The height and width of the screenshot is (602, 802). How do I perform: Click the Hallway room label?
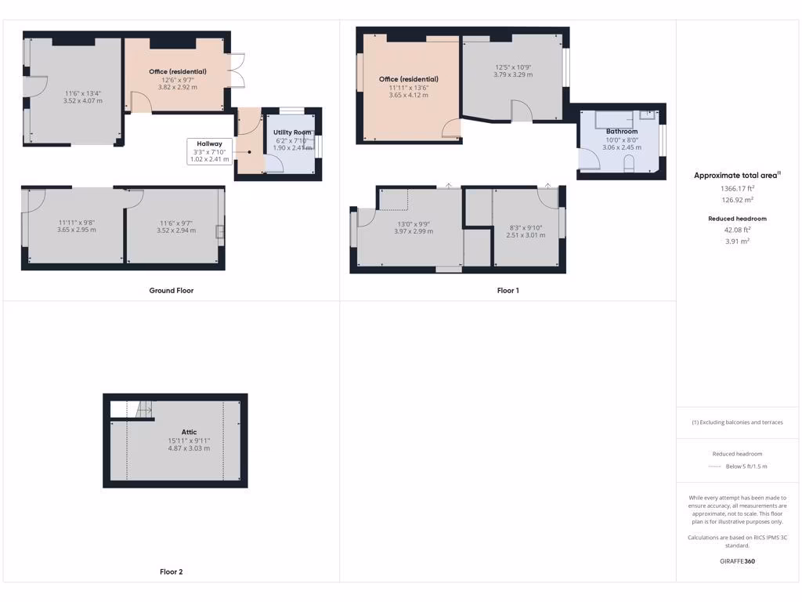209,144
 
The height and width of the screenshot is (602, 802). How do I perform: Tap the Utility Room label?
292,132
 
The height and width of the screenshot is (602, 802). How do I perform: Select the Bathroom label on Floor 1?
622,132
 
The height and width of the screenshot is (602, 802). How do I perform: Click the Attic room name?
189,432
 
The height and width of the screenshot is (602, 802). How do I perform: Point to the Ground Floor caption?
172,291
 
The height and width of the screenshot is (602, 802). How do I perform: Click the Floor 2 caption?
172,572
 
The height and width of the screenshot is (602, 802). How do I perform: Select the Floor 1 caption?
508,291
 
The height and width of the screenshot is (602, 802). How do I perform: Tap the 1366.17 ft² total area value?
738,189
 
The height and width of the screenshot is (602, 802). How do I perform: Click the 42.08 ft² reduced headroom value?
738,230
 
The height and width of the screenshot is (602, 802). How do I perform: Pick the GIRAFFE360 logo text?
738,561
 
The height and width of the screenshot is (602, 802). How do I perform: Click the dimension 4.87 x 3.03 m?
189,448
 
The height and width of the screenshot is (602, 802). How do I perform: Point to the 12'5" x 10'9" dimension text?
513,67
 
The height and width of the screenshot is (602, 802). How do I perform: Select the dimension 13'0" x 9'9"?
413,223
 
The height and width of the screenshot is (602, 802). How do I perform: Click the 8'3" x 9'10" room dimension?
524,227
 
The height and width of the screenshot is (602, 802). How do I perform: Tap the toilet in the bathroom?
629,163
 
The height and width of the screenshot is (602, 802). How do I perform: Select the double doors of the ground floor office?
237,70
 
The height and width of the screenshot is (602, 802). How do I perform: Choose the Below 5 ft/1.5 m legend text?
746,466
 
